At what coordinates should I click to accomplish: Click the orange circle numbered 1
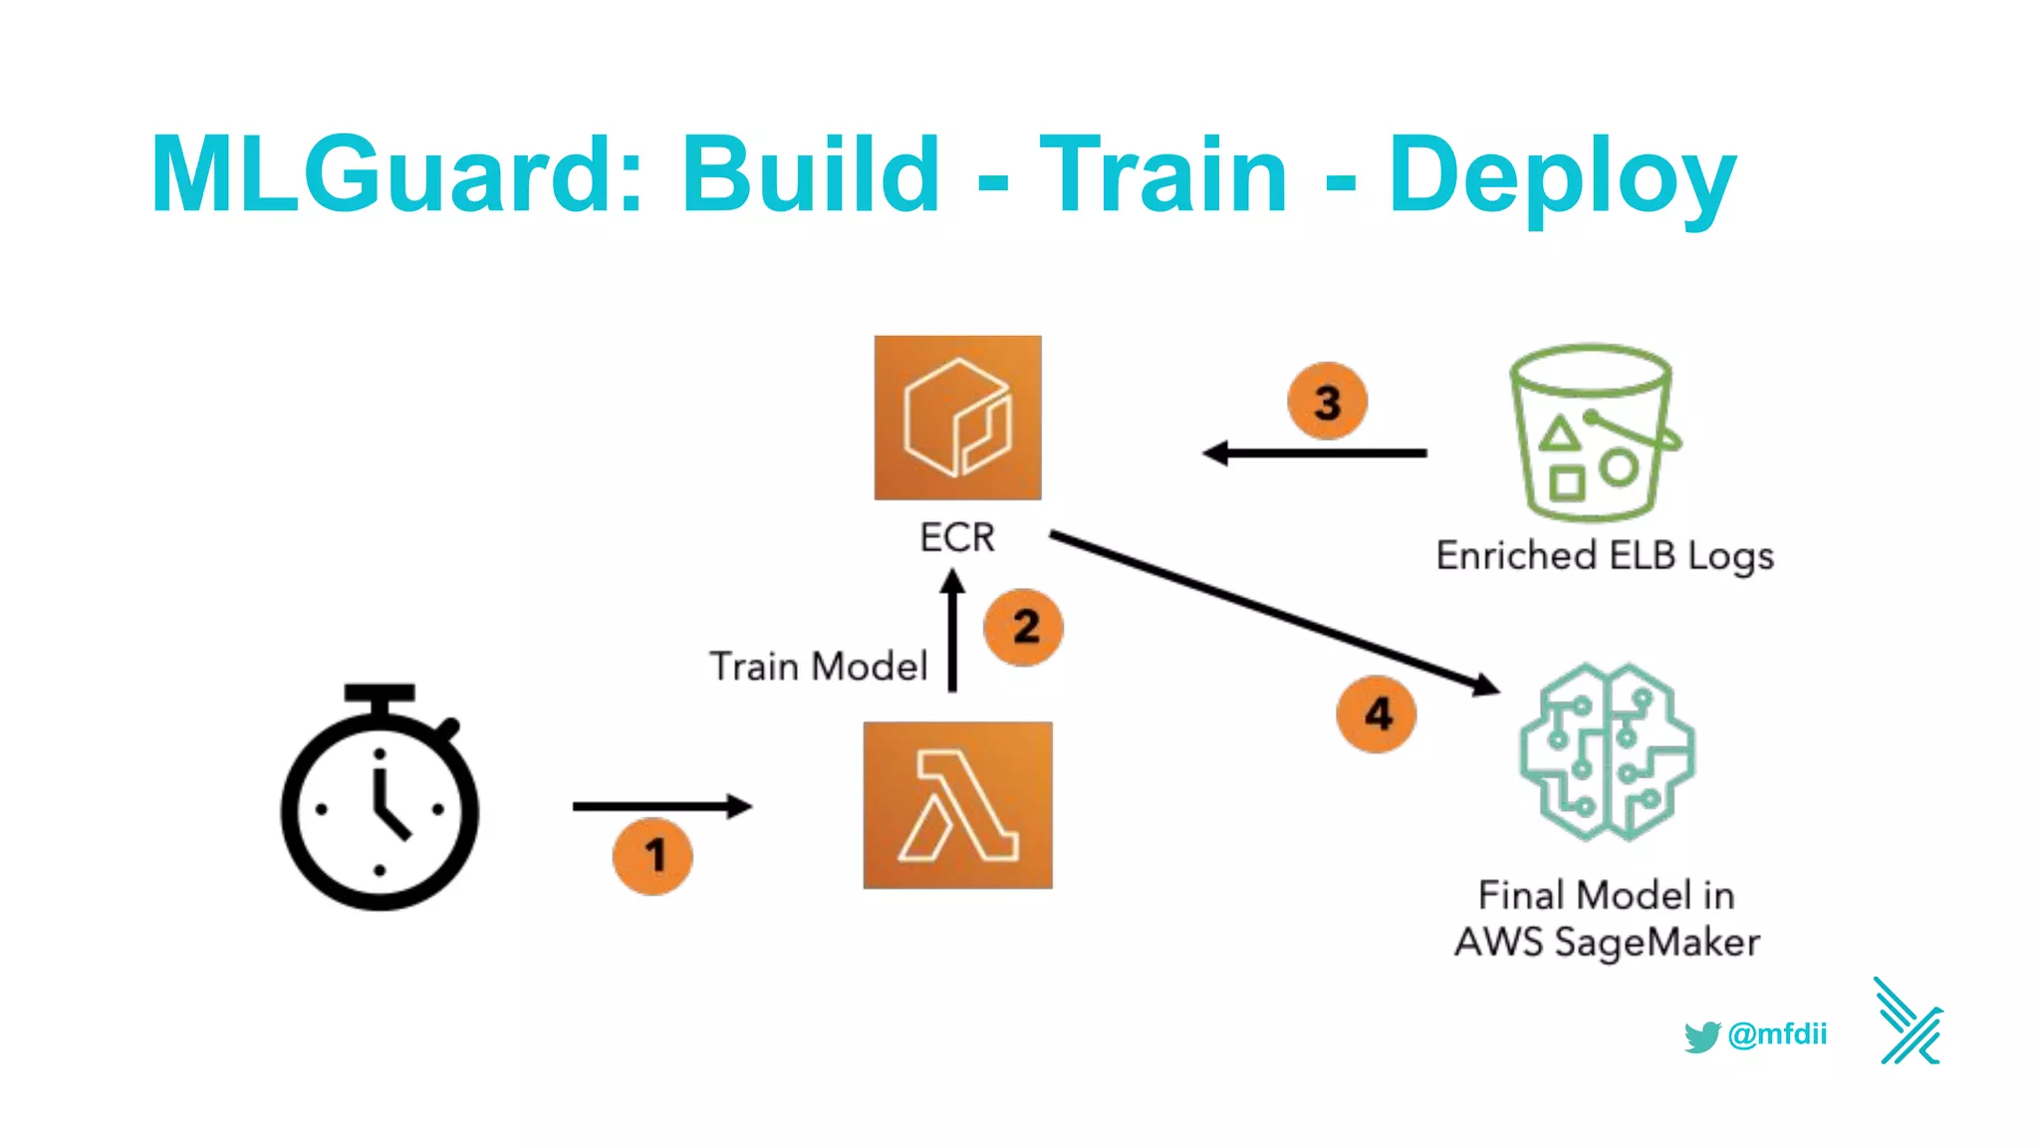click(652, 856)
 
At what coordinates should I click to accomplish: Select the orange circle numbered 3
click(1327, 402)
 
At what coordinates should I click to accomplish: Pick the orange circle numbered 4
click(1377, 714)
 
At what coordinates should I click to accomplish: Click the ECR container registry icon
click(957, 418)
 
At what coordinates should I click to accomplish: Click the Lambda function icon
click(957, 805)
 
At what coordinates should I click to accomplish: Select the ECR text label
click(956, 538)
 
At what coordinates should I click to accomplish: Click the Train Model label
click(818, 667)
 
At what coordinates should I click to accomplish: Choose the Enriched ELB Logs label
click(1605, 556)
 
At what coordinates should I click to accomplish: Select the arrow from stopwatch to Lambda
click(661, 806)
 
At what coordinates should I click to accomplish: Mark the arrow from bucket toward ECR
click(1315, 453)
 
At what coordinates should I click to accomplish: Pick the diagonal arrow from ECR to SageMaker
click(1274, 612)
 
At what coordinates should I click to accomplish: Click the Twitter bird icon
click(1701, 1036)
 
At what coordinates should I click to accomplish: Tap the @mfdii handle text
click(1777, 1034)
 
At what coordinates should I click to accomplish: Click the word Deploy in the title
click(1561, 177)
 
